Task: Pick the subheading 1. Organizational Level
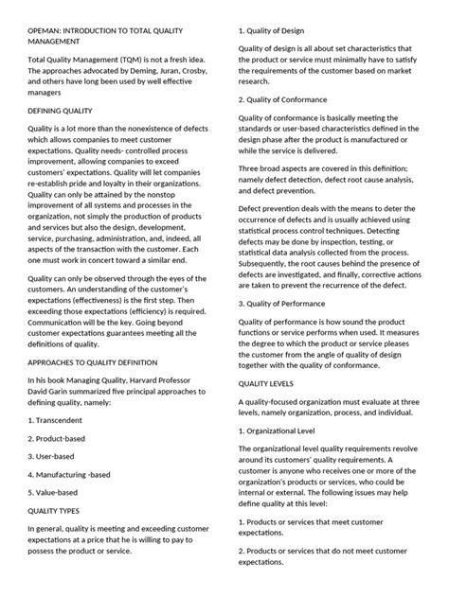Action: click(293, 431)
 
